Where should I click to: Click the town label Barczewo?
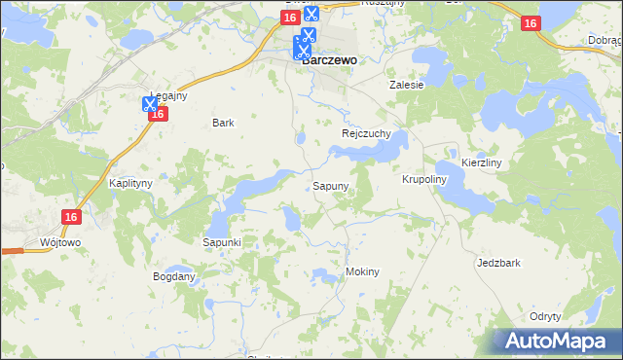pyautogui.click(x=329, y=58)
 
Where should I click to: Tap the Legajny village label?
pyautogui.click(x=168, y=95)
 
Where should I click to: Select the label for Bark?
pyautogui.click(x=223, y=124)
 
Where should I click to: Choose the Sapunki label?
pyautogui.click(x=221, y=241)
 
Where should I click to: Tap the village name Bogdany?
pyautogui.click(x=173, y=276)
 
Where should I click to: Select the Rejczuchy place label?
pyautogui.click(x=365, y=134)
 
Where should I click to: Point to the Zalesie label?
pyautogui.click(x=407, y=85)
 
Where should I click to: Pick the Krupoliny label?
pyautogui.click(x=423, y=180)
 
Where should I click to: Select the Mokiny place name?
pyautogui.click(x=362, y=272)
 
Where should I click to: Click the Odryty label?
pyautogui.click(x=545, y=316)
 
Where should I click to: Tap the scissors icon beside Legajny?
pyautogui.click(x=150, y=104)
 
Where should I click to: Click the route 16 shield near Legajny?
pyautogui.click(x=161, y=115)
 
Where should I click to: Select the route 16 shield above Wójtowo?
pyautogui.click(x=69, y=218)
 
